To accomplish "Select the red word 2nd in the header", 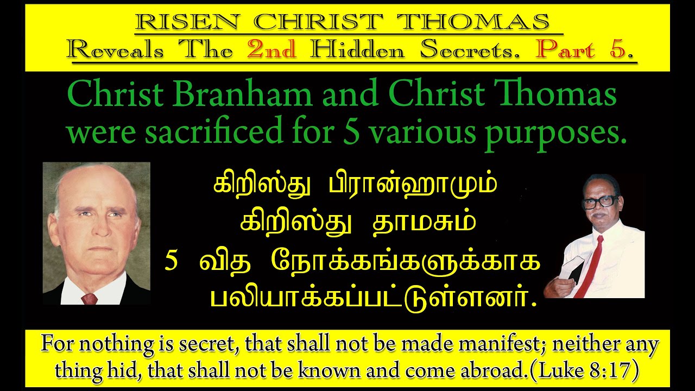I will [272, 50].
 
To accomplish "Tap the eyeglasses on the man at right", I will [599, 202].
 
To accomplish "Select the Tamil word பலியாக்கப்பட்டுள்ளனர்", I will [372, 295].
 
